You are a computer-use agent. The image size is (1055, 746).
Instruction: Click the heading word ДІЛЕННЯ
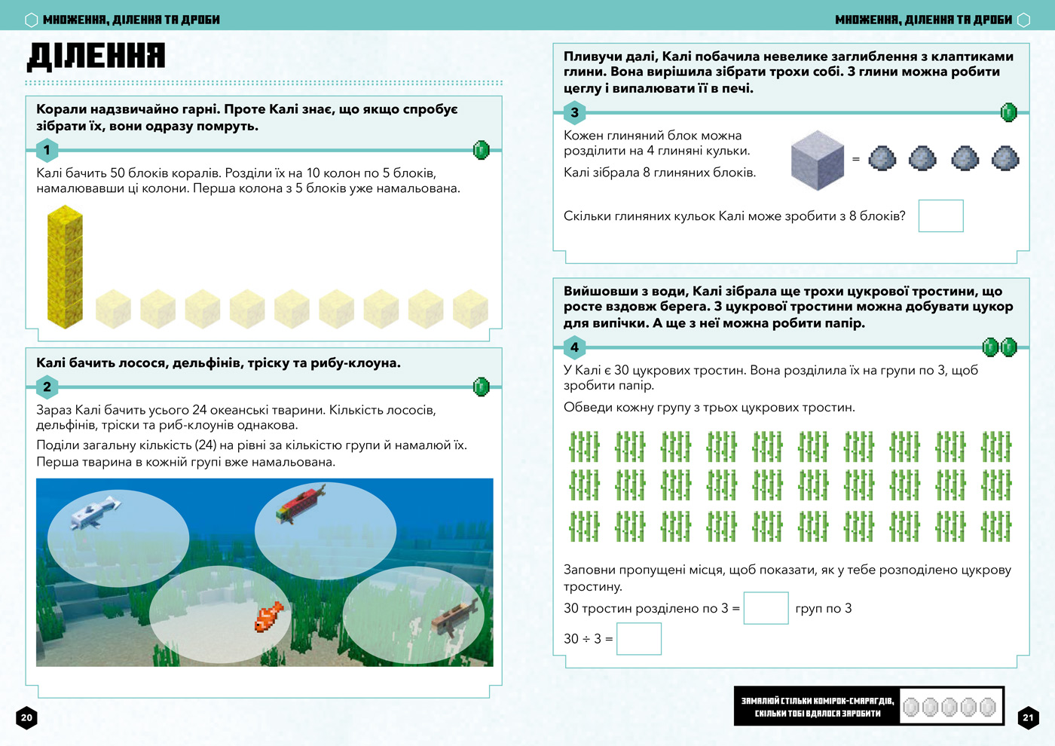click(x=96, y=56)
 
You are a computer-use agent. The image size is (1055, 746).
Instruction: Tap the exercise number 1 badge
click(x=47, y=149)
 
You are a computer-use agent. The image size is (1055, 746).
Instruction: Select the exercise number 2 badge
click(x=47, y=387)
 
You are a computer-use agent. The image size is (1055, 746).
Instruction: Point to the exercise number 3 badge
click(x=574, y=112)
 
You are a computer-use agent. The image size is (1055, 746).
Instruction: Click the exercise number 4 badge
click(x=574, y=347)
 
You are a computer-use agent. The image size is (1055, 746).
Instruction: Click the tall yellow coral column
click(x=65, y=266)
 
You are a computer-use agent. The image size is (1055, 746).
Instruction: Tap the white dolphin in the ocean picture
click(x=96, y=512)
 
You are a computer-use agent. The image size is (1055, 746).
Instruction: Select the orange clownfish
click(x=268, y=616)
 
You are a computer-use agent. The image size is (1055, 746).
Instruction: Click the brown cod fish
click(x=454, y=616)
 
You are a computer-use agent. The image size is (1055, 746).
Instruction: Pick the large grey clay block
click(x=817, y=160)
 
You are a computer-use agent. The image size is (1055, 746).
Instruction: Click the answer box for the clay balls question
click(x=940, y=216)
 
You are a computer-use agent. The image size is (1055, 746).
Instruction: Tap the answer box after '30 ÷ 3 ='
click(x=638, y=639)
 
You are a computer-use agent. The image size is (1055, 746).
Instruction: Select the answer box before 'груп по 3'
click(x=766, y=608)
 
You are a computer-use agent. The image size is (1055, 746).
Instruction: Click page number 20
click(x=26, y=717)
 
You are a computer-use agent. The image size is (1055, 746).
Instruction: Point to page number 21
click(x=1028, y=717)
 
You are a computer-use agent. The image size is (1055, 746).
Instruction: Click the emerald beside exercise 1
click(x=481, y=150)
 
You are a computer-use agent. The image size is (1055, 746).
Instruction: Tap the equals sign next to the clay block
click(x=855, y=159)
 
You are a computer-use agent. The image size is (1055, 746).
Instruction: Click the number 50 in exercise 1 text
click(x=118, y=173)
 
